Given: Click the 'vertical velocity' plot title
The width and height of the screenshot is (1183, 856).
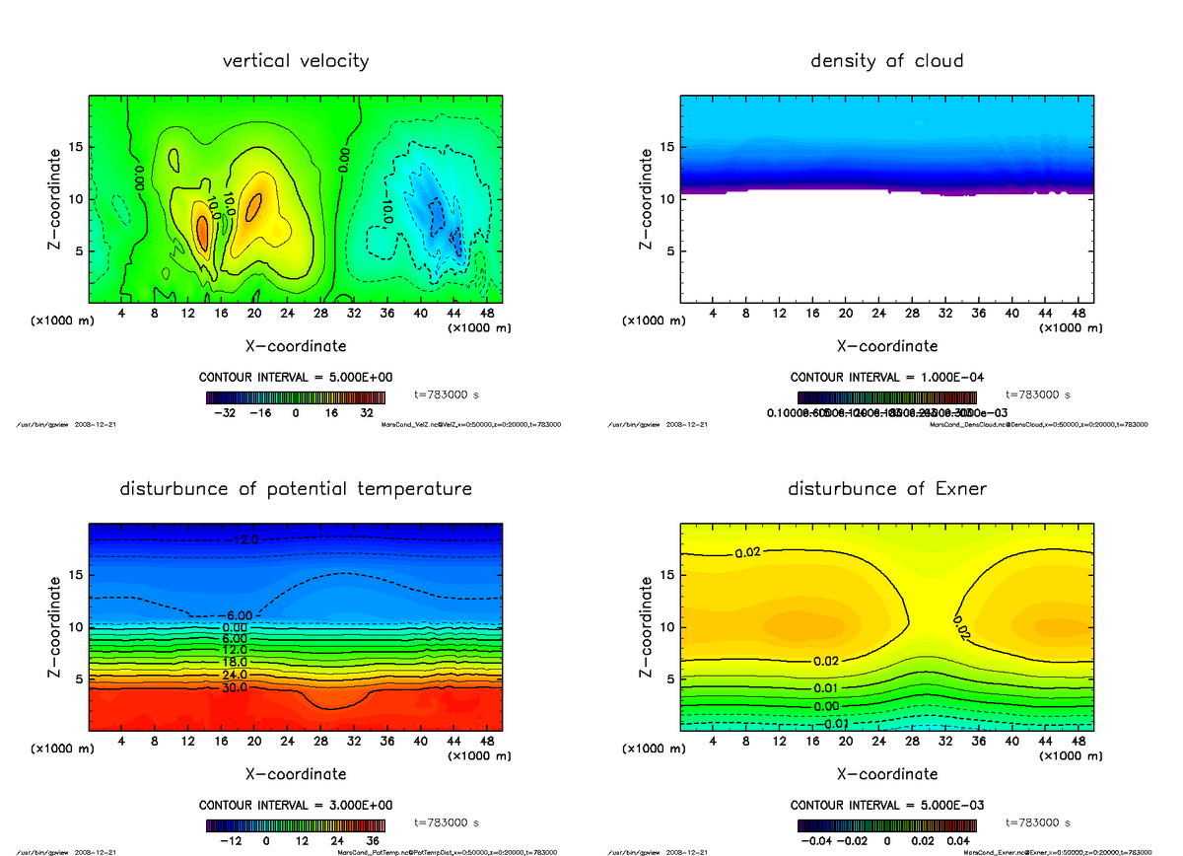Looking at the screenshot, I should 296,61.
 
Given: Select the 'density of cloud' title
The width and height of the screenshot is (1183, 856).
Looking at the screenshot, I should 886,61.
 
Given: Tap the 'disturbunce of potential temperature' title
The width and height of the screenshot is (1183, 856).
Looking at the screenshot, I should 296,489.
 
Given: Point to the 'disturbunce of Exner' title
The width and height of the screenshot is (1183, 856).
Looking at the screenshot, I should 886,489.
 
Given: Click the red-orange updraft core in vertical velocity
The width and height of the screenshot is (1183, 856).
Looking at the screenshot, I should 203,233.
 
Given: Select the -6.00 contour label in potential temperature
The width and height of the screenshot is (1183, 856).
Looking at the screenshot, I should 241,615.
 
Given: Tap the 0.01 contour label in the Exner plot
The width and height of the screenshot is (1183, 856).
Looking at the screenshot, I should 826,687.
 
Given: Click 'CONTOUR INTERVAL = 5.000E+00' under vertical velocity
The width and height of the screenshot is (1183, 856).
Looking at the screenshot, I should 296,378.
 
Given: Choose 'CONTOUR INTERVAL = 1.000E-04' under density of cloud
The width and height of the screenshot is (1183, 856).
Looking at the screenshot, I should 886,378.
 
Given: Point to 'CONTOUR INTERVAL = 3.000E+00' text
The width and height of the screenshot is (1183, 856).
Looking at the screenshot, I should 296,805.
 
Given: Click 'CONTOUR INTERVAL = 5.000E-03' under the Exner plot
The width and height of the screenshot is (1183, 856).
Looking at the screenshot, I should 886,805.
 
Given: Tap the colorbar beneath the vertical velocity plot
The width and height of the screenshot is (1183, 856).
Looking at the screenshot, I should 296,397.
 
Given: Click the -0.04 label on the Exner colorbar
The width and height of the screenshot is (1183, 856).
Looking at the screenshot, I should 814,841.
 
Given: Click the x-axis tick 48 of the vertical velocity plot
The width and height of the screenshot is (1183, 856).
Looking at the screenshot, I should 486,314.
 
